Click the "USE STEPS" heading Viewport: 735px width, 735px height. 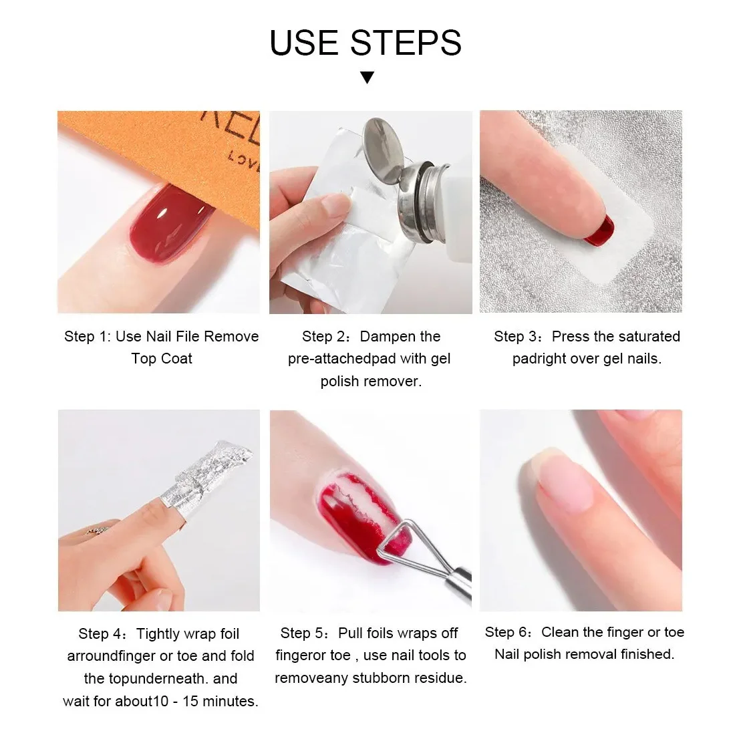pyautogui.click(x=365, y=43)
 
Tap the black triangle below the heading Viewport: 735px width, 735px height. pyautogui.click(x=367, y=78)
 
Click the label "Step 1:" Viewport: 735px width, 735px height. pyautogui.click(x=88, y=337)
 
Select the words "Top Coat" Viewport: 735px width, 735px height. pyautogui.click(x=162, y=359)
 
